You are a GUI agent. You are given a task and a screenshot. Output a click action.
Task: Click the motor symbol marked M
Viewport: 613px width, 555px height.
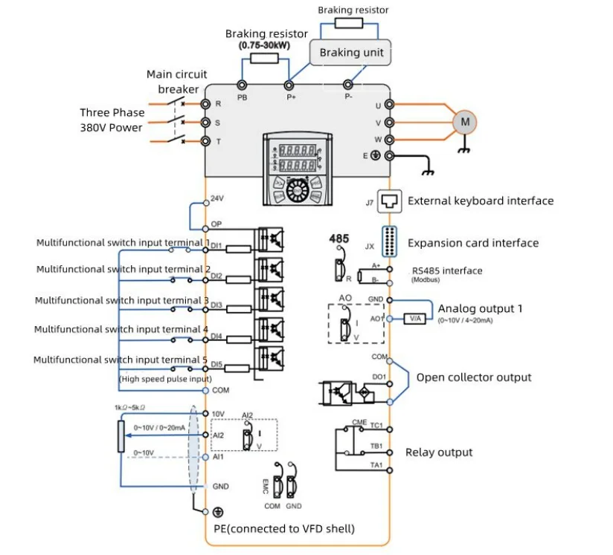[x=465, y=122]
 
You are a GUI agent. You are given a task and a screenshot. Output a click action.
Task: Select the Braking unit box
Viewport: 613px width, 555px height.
[x=351, y=53]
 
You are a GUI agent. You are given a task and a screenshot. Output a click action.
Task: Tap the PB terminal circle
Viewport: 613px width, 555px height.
[x=242, y=86]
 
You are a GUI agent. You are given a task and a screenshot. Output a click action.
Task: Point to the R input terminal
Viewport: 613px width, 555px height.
[x=205, y=105]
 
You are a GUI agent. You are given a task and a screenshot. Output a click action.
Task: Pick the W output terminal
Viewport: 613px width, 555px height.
[x=389, y=139]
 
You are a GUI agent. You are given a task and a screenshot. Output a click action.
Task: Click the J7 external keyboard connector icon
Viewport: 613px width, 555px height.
[x=391, y=200]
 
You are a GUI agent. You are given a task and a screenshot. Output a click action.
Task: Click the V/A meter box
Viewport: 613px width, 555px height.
[x=414, y=319]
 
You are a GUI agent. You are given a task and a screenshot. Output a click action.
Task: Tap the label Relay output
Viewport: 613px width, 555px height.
[x=438, y=452]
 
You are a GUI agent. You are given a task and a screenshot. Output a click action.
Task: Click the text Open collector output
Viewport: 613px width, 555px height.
[x=473, y=377]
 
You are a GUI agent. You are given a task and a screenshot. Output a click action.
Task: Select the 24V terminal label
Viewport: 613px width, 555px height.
[x=217, y=199]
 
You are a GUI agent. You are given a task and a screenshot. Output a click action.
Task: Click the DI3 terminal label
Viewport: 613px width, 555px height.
[x=216, y=305]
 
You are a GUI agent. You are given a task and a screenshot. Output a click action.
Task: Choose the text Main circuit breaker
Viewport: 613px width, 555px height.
[x=177, y=82]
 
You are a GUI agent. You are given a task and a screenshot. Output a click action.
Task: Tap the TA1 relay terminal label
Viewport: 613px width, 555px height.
[x=376, y=466]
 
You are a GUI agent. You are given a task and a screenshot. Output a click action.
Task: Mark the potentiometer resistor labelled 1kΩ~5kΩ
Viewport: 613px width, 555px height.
[x=121, y=436]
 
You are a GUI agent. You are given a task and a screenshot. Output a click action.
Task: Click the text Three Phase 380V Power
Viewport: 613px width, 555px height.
[x=112, y=120]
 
